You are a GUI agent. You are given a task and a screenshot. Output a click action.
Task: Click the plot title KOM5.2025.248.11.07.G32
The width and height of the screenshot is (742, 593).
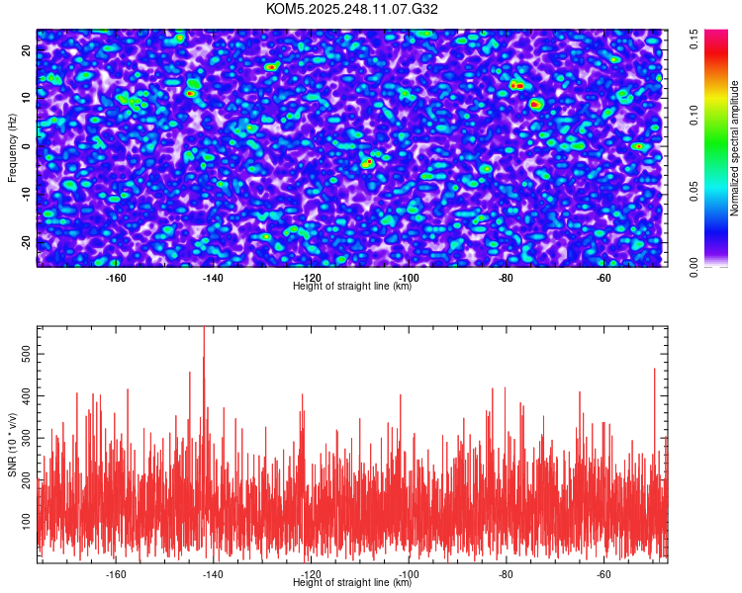352,9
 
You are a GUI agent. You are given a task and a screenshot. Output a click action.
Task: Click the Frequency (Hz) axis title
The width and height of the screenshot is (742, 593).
11,147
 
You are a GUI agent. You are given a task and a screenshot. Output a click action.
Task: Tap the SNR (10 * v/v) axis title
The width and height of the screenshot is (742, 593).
11,444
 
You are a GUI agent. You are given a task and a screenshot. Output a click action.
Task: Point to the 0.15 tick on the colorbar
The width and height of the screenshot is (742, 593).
695,39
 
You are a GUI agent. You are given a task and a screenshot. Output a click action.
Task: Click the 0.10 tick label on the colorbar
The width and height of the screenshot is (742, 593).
695,115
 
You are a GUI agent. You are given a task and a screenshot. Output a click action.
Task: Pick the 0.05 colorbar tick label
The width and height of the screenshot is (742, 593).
695,191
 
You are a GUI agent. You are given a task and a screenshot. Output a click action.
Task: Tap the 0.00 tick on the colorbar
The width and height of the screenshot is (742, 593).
695,267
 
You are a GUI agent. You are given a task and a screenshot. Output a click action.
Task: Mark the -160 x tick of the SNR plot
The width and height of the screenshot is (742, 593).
116,573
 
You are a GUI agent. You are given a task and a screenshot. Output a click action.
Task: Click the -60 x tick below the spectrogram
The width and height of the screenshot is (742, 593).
603,278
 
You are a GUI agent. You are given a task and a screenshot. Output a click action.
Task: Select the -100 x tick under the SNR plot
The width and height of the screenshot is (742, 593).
408,573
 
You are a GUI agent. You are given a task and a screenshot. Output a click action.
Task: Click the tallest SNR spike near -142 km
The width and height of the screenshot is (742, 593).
204,330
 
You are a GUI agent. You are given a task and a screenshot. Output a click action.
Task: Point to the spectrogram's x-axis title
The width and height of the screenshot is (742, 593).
352,287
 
